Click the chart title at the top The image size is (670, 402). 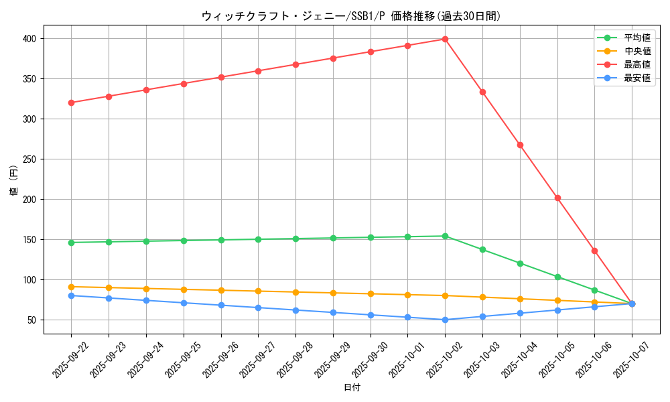351,16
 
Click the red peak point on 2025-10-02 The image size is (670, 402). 445,39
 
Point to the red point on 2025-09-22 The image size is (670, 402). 71,103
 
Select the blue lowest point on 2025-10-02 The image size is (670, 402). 445,320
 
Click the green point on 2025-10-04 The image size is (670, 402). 520,263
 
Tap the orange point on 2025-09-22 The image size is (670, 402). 71,287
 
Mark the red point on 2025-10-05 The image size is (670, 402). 557,198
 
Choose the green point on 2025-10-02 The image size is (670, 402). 445,236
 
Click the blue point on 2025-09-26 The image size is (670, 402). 220,306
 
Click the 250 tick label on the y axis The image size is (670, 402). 32,159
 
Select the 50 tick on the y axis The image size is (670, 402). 35,320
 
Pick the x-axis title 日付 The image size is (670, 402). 351,388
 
